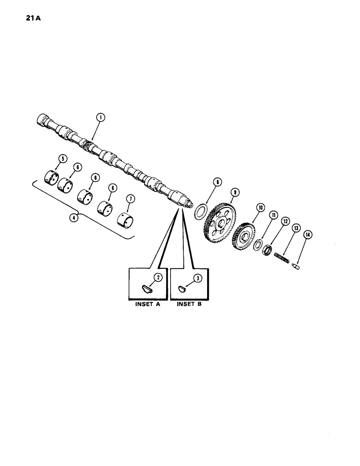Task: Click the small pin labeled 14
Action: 297,267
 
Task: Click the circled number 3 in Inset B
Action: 197,278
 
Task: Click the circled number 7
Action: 131,199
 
